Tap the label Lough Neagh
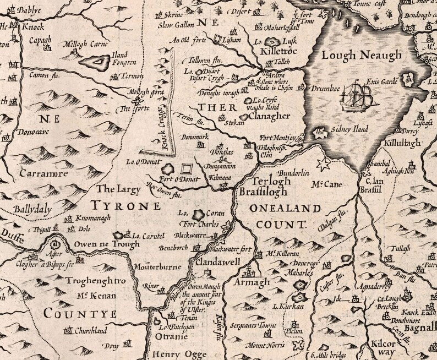pyautogui.click(x=362, y=55)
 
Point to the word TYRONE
pyautogui.click(x=126, y=206)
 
